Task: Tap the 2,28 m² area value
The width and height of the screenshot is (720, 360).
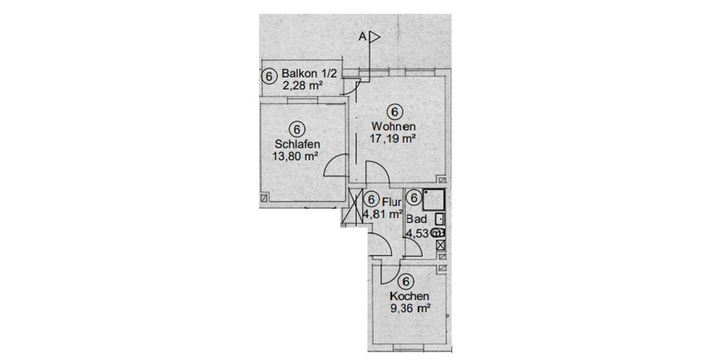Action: (303, 86)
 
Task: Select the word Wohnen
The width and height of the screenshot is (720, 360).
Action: (394, 127)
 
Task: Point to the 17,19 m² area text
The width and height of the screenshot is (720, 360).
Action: (394, 139)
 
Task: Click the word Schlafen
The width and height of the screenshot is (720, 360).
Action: (297, 144)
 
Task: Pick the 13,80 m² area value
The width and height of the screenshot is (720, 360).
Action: (295, 157)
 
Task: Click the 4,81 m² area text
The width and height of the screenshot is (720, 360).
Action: (382, 213)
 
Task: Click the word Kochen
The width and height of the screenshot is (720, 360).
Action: (409, 296)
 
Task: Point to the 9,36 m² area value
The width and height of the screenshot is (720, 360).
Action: (410, 310)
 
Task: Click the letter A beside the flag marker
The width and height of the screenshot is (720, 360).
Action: (362, 37)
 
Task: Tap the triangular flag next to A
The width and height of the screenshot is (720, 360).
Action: (375, 37)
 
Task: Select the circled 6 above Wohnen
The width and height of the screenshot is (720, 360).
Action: (394, 112)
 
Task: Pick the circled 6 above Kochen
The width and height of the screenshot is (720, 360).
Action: (406, 281)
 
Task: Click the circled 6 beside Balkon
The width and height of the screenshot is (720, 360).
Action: (269, 76)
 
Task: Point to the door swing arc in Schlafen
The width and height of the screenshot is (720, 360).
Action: (337, 166)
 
